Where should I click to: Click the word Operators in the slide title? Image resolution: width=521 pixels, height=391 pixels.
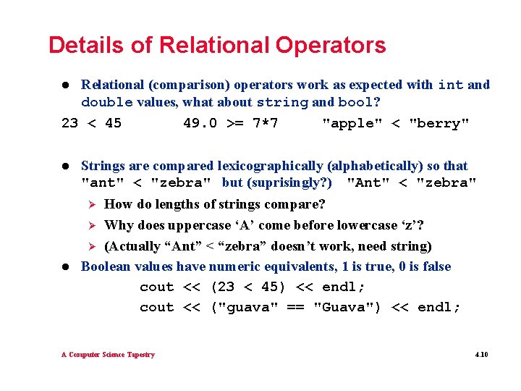331,46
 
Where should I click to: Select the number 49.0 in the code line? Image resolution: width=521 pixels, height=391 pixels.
200,123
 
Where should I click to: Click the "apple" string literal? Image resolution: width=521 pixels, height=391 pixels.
352,123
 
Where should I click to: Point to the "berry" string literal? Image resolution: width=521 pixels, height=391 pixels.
439,123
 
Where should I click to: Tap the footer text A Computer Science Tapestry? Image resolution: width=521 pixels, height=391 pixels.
108,355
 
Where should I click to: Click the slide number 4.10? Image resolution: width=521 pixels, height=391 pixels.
481,355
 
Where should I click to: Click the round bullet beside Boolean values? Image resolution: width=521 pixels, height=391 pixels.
66,267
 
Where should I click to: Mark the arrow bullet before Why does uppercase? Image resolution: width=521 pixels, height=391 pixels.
93,225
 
